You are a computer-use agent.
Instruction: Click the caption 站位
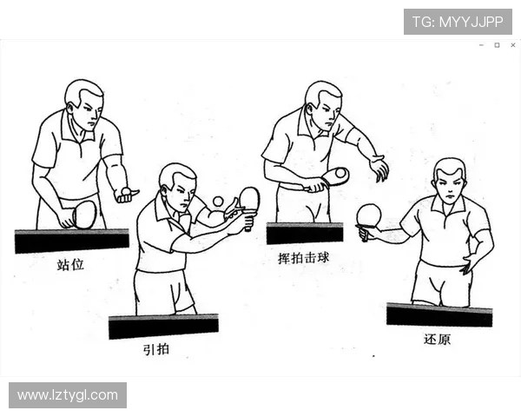[x=71, y=264]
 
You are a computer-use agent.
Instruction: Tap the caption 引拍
[x=156, y=349]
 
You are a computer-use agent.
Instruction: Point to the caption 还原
[x=437, y=339]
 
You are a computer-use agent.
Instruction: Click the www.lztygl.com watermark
[x=68, y=395]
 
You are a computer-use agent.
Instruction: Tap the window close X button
[x=512, y=45]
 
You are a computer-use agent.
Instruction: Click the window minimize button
[x=482, y=45]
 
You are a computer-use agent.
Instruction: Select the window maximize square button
[x=497, y=45]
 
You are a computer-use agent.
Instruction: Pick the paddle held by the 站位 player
[x=83, y=214]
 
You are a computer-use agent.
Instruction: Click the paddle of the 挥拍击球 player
[x=334, y=176]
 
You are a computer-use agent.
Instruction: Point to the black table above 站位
[x=71, y=241]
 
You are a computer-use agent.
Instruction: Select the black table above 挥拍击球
[x=304, y=233]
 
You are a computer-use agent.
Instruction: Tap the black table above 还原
[x=439, y=314]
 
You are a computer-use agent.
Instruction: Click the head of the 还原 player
[x=449, y=180]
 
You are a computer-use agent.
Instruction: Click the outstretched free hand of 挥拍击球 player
[x=379, y=168]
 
